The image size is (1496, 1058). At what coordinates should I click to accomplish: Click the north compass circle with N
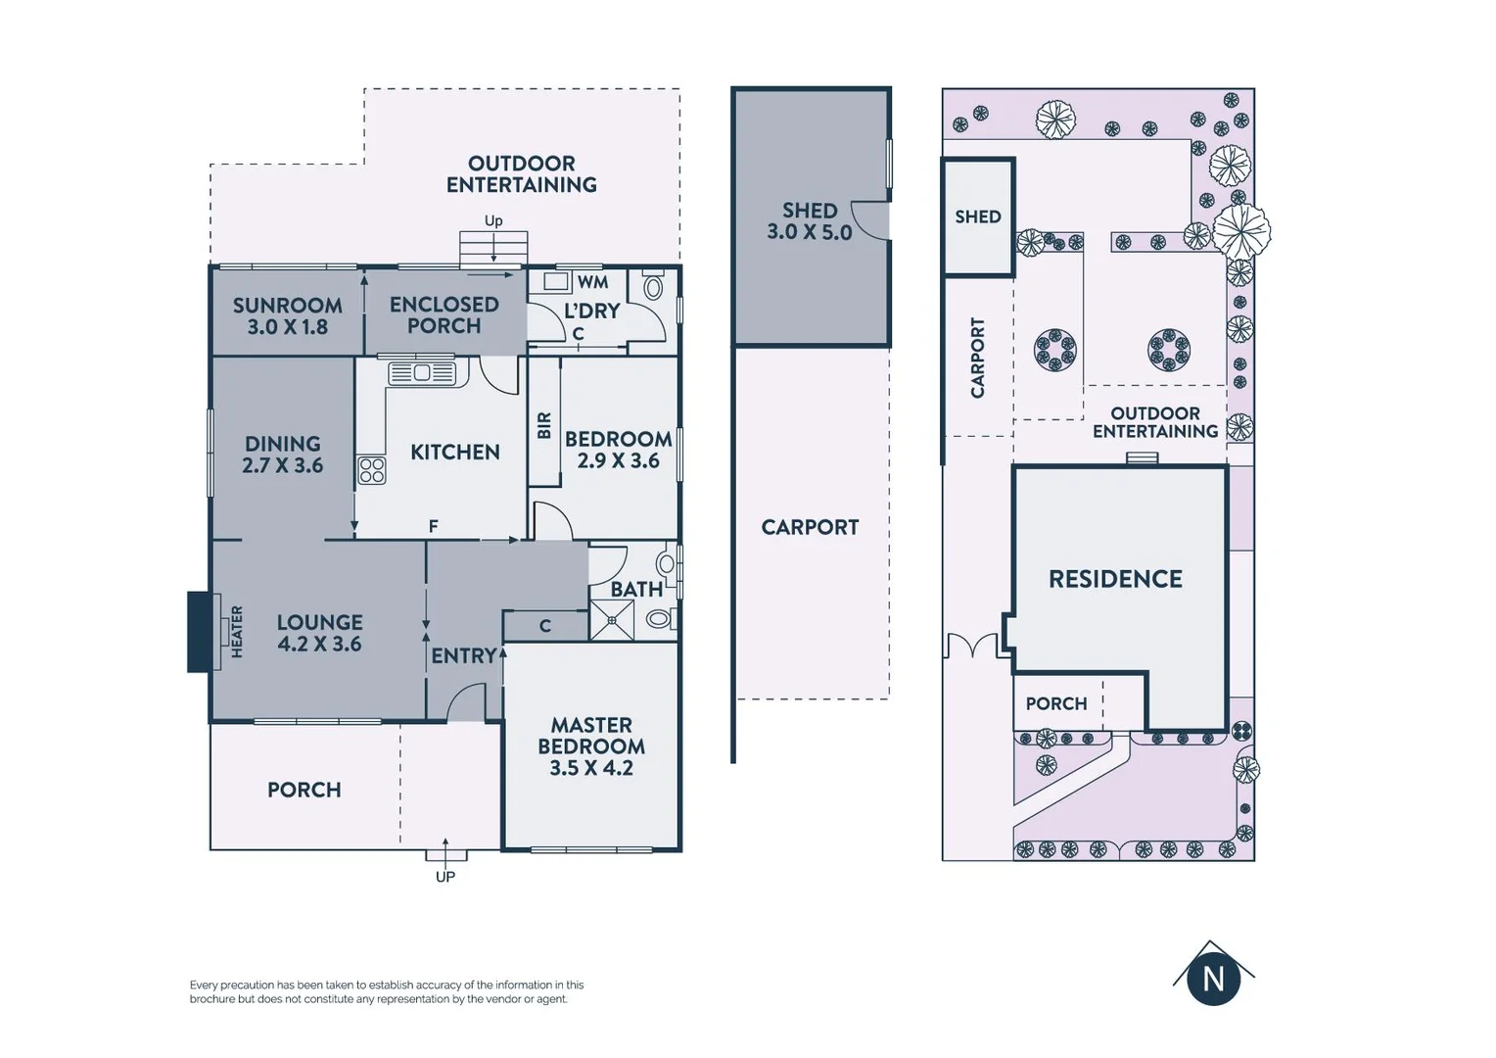click(1213, 979)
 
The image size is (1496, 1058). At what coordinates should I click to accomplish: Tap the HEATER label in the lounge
click(237, 632)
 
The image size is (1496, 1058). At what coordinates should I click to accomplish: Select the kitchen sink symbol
click(422, 373)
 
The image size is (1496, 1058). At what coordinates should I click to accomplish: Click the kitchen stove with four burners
click(371, 470)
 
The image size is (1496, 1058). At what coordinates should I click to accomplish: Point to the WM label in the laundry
click(592, 282)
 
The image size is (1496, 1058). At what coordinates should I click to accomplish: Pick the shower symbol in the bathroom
click(612, 620)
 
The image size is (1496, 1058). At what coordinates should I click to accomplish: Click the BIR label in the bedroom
click(544, 425)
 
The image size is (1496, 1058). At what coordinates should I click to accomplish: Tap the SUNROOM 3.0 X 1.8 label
click(287, 316)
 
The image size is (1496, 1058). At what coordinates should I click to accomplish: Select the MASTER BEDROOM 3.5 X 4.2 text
click(591, 746)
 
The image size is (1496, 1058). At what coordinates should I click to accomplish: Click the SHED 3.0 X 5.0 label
click(810, 221)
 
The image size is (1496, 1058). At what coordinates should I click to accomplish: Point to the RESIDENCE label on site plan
click(1115, 579)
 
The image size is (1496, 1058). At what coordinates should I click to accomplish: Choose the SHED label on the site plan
click(977, 216)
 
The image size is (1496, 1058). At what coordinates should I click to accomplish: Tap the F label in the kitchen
click(433, 527)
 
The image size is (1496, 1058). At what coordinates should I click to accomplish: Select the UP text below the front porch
click(445, 877)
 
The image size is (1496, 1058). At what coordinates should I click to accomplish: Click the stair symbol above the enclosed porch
click(493, 248)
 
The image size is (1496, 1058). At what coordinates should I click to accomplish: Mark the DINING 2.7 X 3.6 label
click(282, 455)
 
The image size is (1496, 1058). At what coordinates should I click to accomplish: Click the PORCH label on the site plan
click(1055, 703)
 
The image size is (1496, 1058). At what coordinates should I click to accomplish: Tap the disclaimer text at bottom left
click(387, 991)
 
